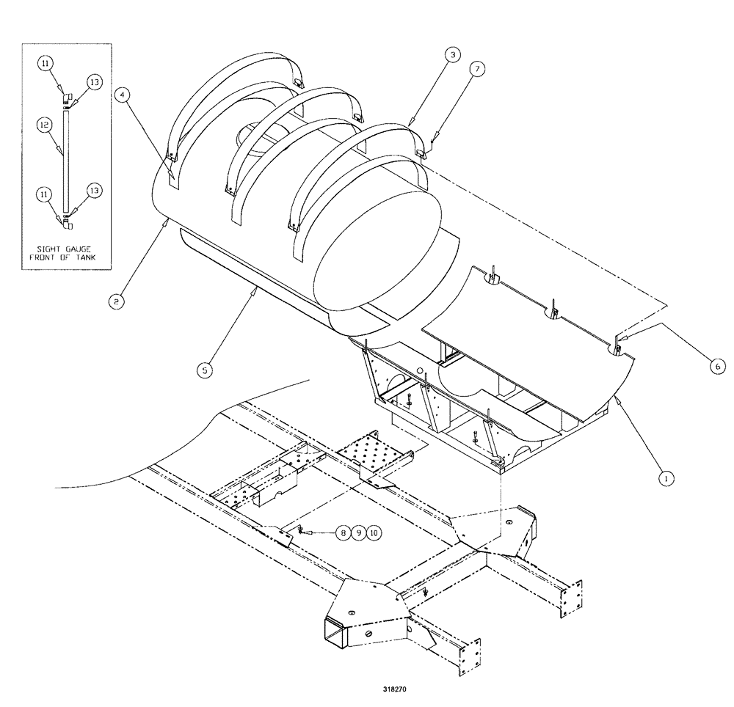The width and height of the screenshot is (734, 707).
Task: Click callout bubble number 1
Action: coord(666,477)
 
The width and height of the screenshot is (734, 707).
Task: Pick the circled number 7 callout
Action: coord(478,69)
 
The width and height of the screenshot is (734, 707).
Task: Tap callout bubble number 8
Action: coord(343,534)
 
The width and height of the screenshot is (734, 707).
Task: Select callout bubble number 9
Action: coord(359,534)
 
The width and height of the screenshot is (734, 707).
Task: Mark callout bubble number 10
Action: coord(375,534)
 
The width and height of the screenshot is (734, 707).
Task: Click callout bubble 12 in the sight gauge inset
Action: coord(44,126)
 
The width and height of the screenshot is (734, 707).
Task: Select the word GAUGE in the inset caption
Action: coord(81,246)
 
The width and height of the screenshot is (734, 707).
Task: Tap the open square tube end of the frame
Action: coord(336,630)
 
